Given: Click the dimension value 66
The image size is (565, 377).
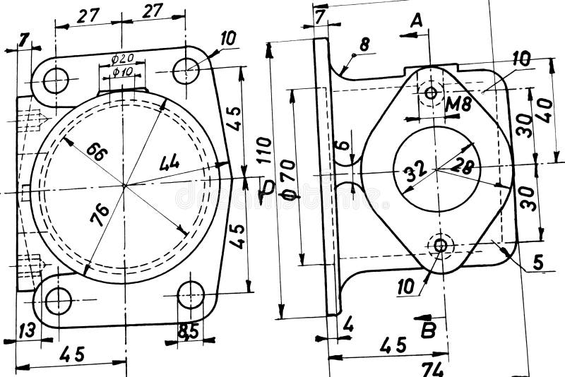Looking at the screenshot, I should [x=96, y=150].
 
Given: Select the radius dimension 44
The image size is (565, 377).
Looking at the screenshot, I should [x=169, y=163].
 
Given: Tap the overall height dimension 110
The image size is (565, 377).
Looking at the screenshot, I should [x=263, y=150].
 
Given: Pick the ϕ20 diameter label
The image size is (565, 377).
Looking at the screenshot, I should [x=123, y=59].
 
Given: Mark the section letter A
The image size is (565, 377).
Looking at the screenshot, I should [x=417, y=21].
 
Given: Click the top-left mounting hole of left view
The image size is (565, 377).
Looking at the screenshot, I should [x=56, y=80].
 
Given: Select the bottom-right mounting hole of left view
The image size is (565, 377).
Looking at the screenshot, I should [x=190, y=295].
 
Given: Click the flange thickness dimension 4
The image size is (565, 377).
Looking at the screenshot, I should [x=348, y=325].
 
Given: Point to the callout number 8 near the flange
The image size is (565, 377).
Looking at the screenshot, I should [x=364, y=44].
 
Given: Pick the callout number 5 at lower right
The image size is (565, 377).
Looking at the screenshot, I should [x=537, y=263].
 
